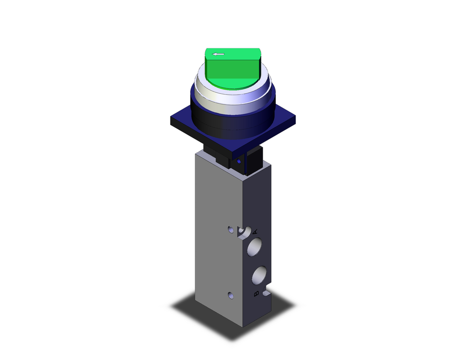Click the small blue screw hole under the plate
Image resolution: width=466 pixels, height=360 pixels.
239,161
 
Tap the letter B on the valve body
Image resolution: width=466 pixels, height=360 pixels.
255,294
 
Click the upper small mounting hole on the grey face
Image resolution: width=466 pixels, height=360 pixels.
230,229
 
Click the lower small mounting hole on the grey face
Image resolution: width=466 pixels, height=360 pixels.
230,295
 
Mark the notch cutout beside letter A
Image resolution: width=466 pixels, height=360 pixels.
244,231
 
